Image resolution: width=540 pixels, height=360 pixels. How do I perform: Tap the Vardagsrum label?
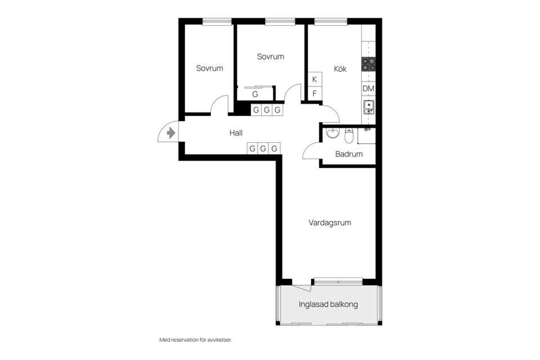[330, 223]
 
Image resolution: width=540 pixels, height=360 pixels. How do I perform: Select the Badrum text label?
[349, 154]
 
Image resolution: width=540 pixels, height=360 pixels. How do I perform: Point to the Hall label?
[236, 133]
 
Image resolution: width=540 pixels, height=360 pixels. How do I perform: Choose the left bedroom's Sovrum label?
[209, 68]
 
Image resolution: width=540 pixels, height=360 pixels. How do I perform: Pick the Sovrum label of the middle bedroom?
[271, 56]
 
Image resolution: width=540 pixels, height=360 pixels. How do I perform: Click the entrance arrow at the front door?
[171, 133]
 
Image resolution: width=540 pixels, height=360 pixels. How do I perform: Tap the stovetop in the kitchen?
[368, 64]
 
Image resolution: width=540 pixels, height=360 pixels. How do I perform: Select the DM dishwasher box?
[368, 89]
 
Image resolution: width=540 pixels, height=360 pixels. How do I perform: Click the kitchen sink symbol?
[368, 106]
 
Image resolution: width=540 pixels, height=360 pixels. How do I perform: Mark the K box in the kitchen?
[314, 79]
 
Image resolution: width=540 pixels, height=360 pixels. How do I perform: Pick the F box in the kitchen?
[314, 93]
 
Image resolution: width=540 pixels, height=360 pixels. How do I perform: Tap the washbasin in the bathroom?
[333, 133]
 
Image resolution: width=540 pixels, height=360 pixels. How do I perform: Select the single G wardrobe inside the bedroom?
[255, 94]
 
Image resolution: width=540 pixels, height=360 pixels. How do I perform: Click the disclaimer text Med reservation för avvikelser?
[196, 340]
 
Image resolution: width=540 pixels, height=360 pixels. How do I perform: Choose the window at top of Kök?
[331, 22]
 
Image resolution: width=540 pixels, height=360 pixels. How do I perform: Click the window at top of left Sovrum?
[217, 22]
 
